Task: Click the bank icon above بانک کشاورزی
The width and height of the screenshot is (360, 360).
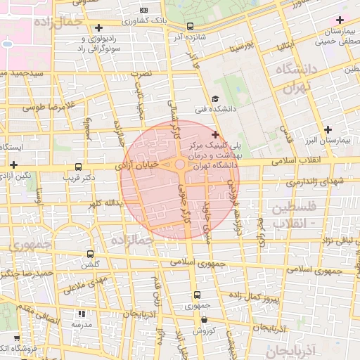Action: pyautogui.click(x=144, y=10)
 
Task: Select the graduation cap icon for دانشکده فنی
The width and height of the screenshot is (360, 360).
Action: pyautogui.click(x=215, y=99)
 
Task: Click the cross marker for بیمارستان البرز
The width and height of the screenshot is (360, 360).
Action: pyautogui.click(x=328, y=129)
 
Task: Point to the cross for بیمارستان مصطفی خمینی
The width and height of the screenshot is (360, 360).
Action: pyautogui.click(x=341, y=20)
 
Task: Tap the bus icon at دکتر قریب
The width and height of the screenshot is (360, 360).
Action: pyautogui.click(x=78, y=168)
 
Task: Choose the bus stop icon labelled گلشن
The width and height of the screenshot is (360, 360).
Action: pyautogui.click(x=89, y=254)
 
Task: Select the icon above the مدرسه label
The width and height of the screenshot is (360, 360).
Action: pyautogui.click(x=82, y=314)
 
